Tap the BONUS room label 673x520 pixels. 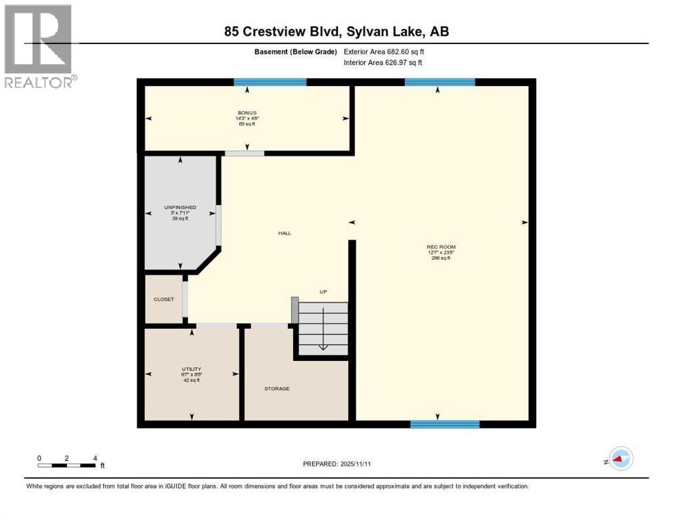tap(246, 113)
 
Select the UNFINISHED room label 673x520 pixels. tap(180, 207)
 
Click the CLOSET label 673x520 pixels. tap(163, 299)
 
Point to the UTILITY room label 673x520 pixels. tap(192, 369)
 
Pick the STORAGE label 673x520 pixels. tap(277, 389)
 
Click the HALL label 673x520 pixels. tap(284, 233)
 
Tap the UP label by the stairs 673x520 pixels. tap(324, 292)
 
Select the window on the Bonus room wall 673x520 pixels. tap(270, 82)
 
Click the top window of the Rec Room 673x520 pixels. tap(439, 82)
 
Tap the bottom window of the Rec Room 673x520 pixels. tap(445, 425)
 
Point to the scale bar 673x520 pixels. tap(67, 465)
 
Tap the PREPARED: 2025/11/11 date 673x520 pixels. tap(336, 464)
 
